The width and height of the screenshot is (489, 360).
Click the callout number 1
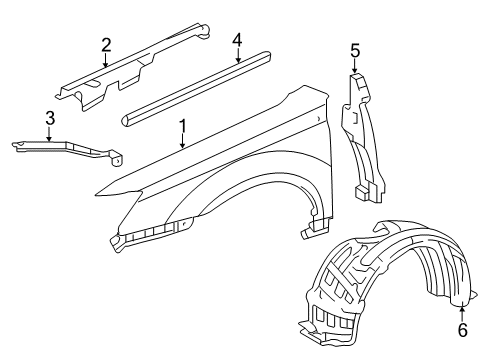point(182,128)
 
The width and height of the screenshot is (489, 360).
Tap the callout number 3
point(49,120)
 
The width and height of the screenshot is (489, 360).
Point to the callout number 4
point(237,40)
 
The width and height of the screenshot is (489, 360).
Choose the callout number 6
point(462,328)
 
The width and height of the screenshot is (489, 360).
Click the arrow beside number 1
point(180,143)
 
